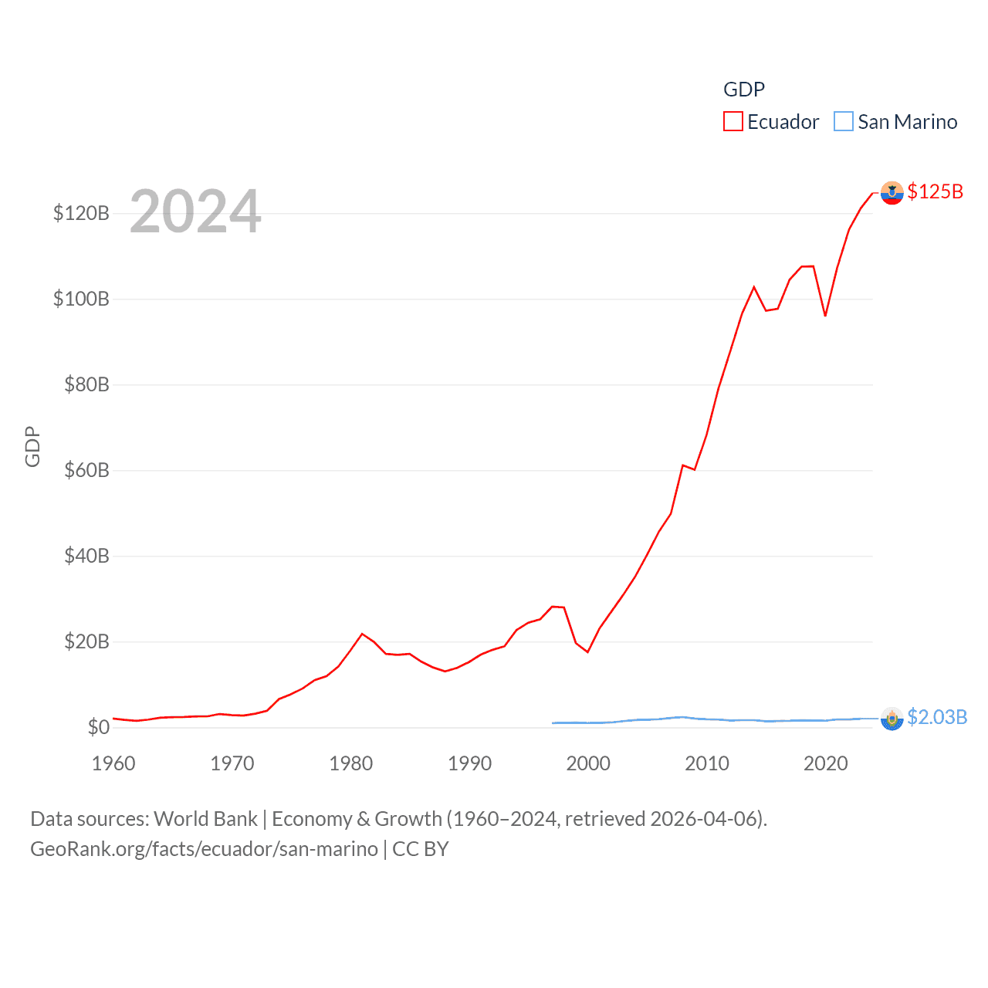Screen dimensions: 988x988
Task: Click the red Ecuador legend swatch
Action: tap(733, 122)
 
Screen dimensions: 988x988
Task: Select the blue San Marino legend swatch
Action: tap(844, 122)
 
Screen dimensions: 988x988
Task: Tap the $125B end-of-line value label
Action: tap(935, 191)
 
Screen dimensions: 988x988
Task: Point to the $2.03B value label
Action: tap(936, 717)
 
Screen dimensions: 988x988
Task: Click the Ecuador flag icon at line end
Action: tap(892, 193)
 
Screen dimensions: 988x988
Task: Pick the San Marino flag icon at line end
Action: tap(892, 719)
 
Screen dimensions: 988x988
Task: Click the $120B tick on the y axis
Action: tap(81, 213)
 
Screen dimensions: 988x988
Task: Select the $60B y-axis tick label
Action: tap(86, 470)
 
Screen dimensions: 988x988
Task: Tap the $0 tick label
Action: tap(98, 727)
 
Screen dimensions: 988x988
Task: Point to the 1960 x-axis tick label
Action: tap(113, 763)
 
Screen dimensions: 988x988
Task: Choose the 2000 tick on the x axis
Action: tap(588, 763)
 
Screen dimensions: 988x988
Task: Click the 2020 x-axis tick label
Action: tap(825, 763)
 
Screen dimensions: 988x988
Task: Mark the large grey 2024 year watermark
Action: tap(195, 211)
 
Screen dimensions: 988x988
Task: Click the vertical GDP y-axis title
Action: tap(32, 446)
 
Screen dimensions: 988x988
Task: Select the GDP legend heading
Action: tap(744, 90)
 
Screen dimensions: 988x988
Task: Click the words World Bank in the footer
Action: tap(205, 818)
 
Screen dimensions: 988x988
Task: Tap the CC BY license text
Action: tap(421, 849)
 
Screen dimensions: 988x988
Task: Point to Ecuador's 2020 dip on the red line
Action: tap(825, 315)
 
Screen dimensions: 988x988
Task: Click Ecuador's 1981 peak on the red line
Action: tap(362, 634)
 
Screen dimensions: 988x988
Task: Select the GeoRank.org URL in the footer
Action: tap(204, 849)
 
